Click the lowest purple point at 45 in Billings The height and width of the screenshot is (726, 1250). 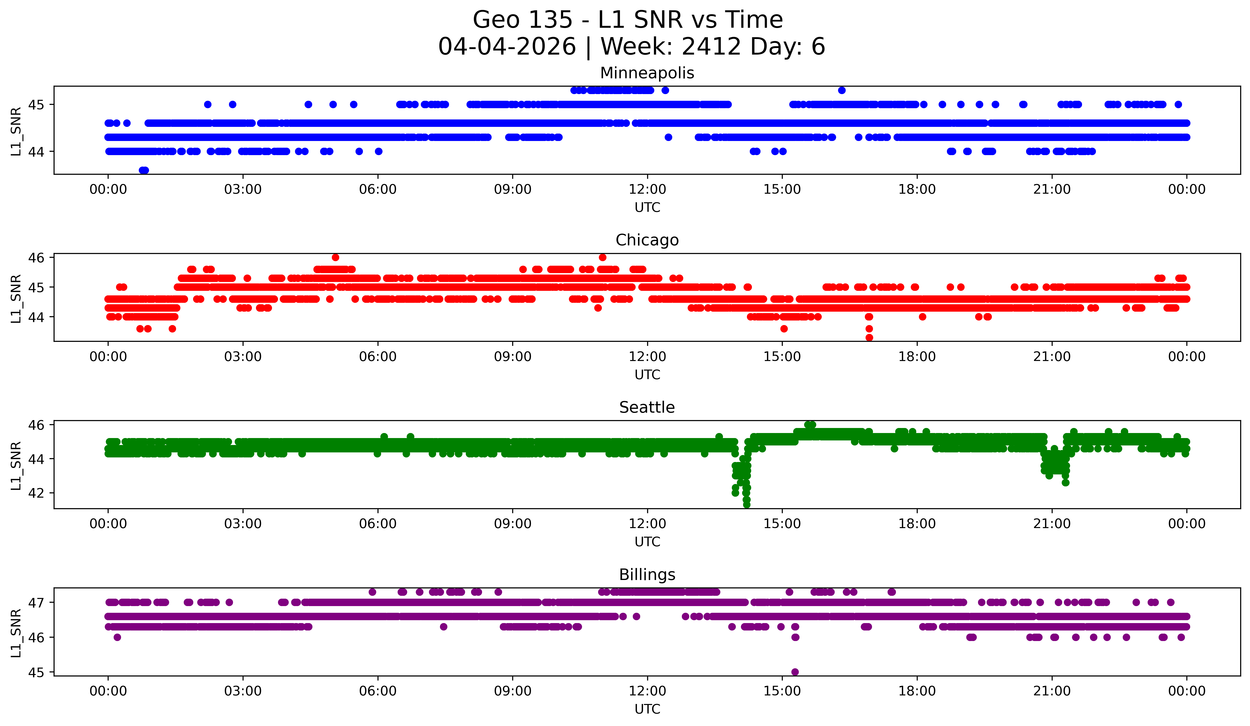coord(795,672)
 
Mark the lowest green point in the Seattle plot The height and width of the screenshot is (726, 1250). coord(746,505)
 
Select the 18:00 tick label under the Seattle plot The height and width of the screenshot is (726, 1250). coord(917,524)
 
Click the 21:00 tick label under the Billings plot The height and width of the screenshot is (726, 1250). coord(1052,691)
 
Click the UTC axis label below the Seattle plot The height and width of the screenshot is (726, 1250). coord(647,542)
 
